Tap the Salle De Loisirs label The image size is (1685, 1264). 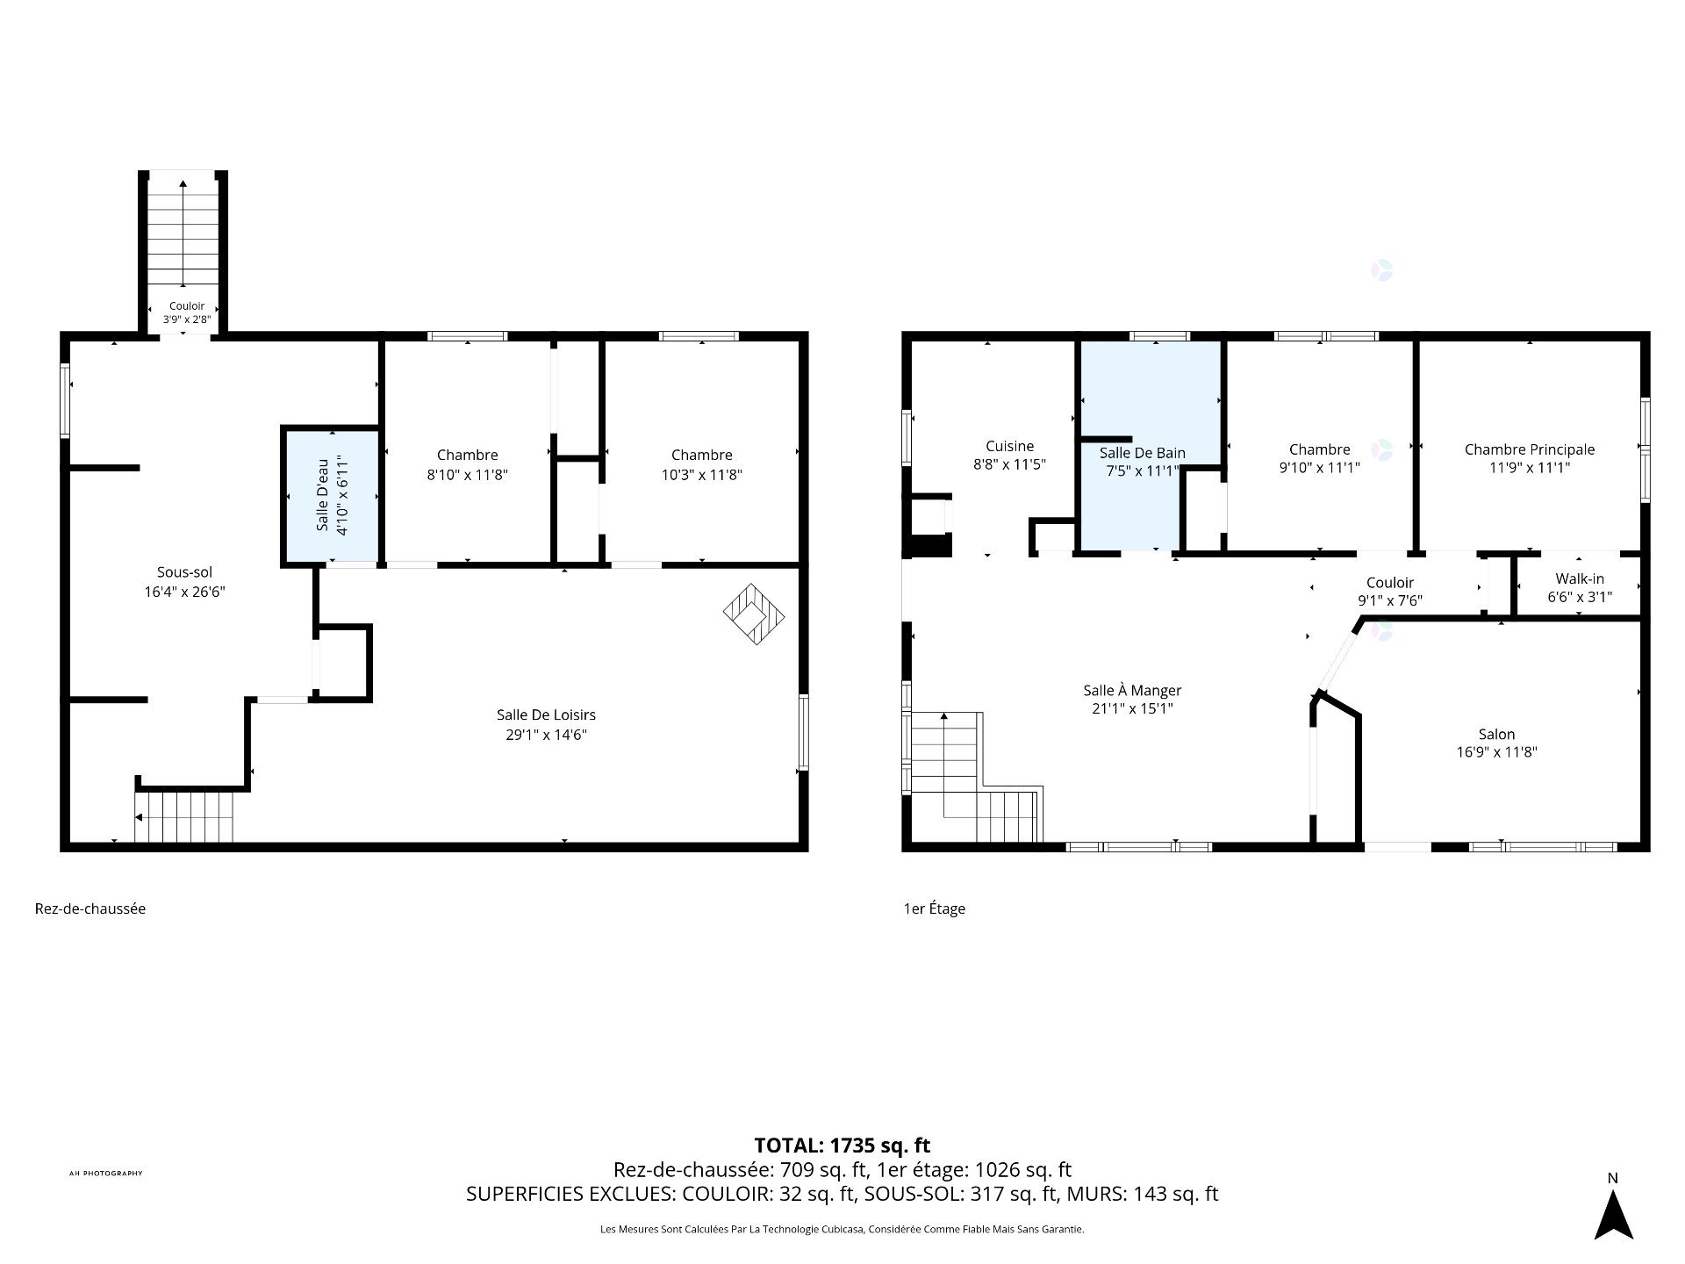(x=546, y=715)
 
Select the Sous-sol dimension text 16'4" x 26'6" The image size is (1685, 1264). (x=185, y=592)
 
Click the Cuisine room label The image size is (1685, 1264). (x=1009, y=446)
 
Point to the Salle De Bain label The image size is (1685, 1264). (x=1142, y=453)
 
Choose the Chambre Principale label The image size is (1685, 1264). (x=1530, y=449)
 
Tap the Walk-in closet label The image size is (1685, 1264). (x=1580, y=578)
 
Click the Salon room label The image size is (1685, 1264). (x=1496, y=734)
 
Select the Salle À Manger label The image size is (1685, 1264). (x=1132, y=690)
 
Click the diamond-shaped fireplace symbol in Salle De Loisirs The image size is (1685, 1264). (x=754, y=614)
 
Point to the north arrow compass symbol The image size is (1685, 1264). (x=1613, y=1219)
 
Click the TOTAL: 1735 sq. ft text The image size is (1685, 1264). (x=842, y=1145)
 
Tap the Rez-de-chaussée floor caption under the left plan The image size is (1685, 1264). (x=90, y=908)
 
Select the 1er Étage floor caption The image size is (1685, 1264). (x=935, y=908)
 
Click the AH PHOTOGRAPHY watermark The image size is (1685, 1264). (x=105, y=1174)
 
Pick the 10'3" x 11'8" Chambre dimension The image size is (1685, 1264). (x=702, y=474)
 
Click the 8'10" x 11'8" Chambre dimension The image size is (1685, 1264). (x=468, y=474)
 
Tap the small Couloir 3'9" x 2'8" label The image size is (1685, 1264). (x=187, y=312)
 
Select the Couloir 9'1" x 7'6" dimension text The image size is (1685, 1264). (x=1390, y=600)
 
